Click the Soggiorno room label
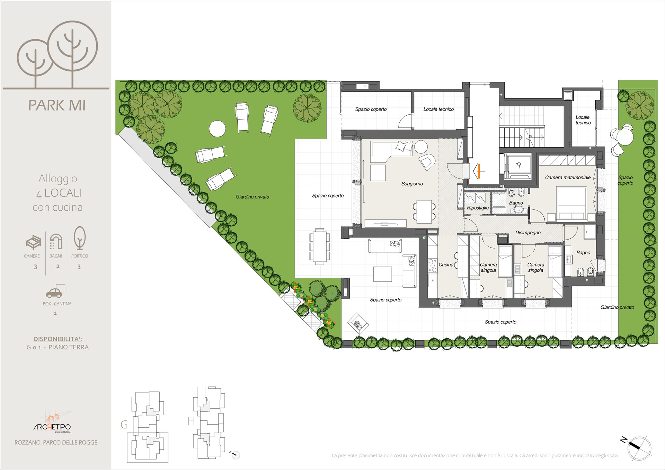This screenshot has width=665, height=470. tap(412, 184)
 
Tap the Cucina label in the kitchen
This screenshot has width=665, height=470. tap(446, 264)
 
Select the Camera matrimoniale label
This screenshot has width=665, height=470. tap(568, 177)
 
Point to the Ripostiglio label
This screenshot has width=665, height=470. tap(478, 208)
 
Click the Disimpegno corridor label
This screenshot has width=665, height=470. tap(528, 233)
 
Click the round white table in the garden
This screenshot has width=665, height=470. tap(218, 129)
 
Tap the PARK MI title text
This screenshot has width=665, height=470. tap(57, 105)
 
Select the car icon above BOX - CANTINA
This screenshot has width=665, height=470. tap(55, 291)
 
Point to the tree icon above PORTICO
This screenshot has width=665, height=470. tap(80, 238)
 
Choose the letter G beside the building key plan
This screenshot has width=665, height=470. tap(124, 425)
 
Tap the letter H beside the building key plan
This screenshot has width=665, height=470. tap(191, 421)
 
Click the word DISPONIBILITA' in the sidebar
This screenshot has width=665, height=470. tap(57, 339)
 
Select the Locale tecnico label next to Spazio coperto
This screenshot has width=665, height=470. tap(438, 109)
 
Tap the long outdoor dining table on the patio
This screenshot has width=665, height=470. tap(320, 246)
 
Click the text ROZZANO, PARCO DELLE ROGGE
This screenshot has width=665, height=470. tap(56, 443)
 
